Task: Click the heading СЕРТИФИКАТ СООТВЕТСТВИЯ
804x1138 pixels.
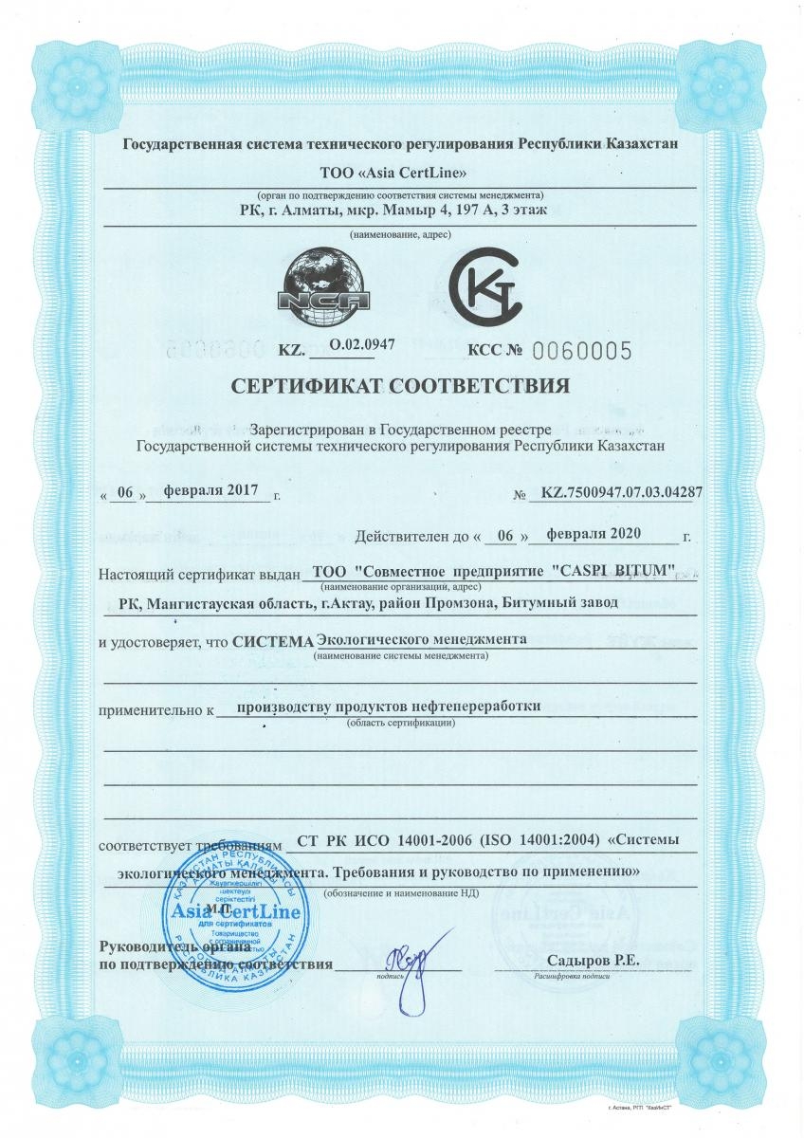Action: [x=401, y=387]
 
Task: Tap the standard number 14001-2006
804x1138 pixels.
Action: [x=432, y=839]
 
